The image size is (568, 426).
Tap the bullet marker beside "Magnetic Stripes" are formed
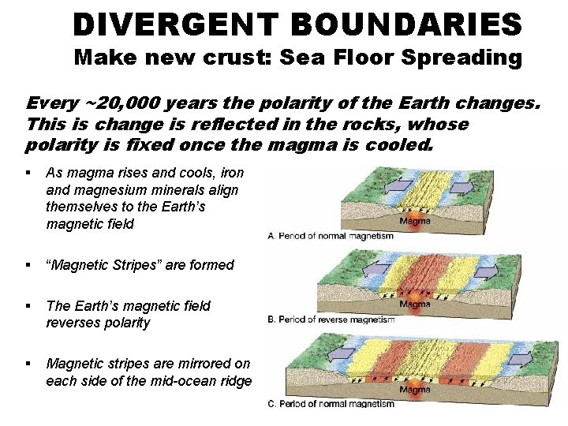[x=28, y=265]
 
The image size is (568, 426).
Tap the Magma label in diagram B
[x=416, y=304]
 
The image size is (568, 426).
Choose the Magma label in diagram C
[x=416, y=389]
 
